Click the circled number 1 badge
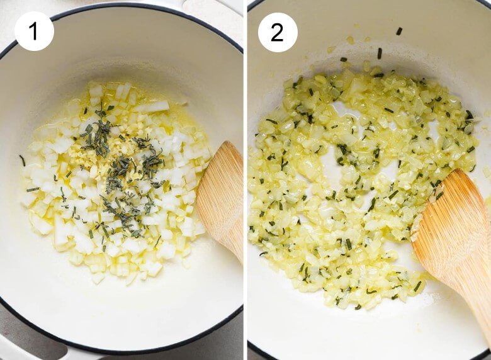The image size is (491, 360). (34, 31)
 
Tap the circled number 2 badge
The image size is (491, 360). (277, 32)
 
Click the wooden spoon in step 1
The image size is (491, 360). (221, 200)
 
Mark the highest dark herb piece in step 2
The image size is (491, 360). (399, 31)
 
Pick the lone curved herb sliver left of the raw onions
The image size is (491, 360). (22, 160)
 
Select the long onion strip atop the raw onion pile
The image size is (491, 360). (152, 107)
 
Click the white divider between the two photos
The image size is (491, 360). (245, 180)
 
